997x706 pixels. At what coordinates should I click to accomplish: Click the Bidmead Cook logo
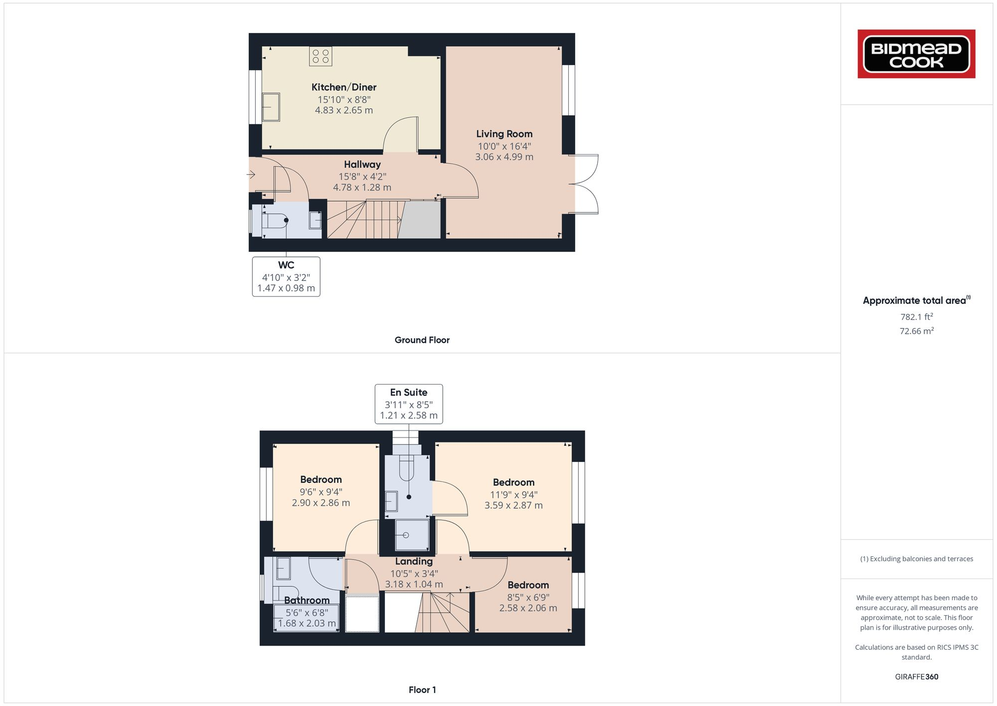click(x=916, y=54)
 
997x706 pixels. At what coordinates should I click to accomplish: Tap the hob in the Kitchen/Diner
click(x=321, y=56)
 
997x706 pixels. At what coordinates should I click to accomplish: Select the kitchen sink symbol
click(x=271, y=106)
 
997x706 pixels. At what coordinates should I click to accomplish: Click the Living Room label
click(x=504, y=134)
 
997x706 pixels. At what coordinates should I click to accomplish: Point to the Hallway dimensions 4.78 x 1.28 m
click(x=362, y=188)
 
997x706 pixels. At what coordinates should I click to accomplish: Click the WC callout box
click(x=286, y=276)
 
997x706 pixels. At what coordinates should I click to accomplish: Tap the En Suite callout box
click(x=409, y=404)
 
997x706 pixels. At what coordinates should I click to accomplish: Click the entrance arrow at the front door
click(x=251, y=175)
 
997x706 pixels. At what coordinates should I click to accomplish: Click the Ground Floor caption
click(x=422, y=340)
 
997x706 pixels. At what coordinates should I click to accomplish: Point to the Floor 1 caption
click(x=422, y=690)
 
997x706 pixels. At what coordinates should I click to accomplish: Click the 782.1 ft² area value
click(x=916, y=317)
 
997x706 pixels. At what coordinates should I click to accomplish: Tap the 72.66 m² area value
click(x=916, y=331)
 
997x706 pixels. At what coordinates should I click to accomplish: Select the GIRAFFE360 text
click(x=916, y=677)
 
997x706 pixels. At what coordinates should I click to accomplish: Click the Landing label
click(x=414, y=561)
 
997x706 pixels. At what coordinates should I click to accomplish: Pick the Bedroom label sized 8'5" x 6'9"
click(x=528, y=585)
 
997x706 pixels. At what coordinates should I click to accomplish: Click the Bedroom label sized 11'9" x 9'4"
click(x=513, y=482)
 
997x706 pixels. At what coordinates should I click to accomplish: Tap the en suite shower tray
click(x=412, y=535)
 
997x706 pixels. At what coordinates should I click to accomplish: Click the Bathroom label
click(x=307, y=600)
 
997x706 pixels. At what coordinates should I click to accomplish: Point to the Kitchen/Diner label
click(x=344, y=87)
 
